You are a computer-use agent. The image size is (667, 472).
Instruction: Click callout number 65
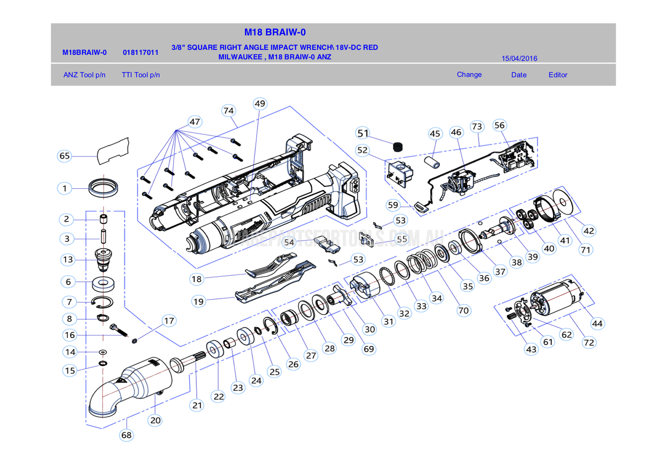click(x=65, y=156)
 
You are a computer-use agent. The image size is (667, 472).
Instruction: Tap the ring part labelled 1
click(x=103, y=188)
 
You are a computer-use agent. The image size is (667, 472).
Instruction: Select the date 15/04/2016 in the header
click(x=519, y=58)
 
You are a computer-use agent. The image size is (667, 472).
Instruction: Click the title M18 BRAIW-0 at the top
click(x=275, y=32)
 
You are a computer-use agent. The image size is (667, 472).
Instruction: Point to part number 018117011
click(x=140, y=52)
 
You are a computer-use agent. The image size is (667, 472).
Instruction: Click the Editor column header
click(x=557, y=75)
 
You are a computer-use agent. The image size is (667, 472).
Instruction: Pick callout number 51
click(x=363, y=133)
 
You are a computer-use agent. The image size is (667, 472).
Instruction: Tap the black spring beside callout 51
click(x=398, y=146)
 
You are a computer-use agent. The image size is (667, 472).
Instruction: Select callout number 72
click(x=588, y=343)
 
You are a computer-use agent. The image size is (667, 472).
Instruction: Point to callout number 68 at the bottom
click(x=126, y=435)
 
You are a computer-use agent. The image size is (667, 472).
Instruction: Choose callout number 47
click(x=195, y=122)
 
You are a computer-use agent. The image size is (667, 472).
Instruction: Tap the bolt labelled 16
click(x=119, y=330)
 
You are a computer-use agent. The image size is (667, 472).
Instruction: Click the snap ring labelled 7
click(x=102, y=301)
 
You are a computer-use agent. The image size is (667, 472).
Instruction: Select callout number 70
click(x=463, y=310)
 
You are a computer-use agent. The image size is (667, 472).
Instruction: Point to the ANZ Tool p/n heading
click(x=84, y=75)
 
